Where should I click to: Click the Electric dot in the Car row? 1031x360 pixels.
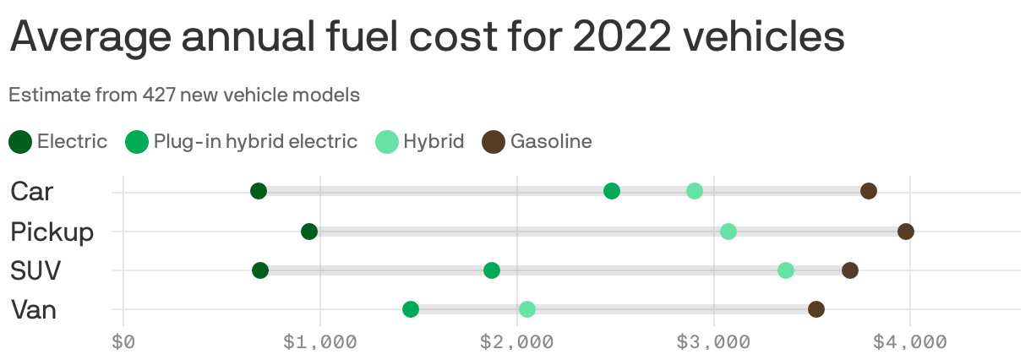(x=259, y=191)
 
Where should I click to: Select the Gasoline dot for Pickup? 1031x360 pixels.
(x=906, y=232)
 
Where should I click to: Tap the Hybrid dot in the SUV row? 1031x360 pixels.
(x=786, y=270)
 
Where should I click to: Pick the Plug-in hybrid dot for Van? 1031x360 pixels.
(x=411, y=309)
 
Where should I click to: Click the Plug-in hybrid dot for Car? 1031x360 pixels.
(x=612, y=191)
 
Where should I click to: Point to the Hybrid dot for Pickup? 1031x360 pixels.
(x=728, y=232)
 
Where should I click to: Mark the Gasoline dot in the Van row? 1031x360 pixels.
(x=816, y=309)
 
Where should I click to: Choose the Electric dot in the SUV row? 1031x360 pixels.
(x=260, y=270)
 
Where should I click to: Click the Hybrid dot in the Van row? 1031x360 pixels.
(x=527, y=309)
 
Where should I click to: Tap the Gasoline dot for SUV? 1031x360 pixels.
(x=850, y=270)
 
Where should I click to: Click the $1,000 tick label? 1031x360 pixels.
(x=319, y=342)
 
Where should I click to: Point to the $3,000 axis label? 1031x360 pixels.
(x=713, y=342)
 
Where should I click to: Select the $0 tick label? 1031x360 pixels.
(x=123, y=342)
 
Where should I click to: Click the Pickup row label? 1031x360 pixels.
(x=52, y=232)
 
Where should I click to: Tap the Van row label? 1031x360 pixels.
(x=34, y=310)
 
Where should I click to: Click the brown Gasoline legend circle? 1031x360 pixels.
(x=494, y=142)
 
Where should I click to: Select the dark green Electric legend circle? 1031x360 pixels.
(x=21, y=142)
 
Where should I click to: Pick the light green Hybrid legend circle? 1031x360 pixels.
(x=387, y=142)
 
